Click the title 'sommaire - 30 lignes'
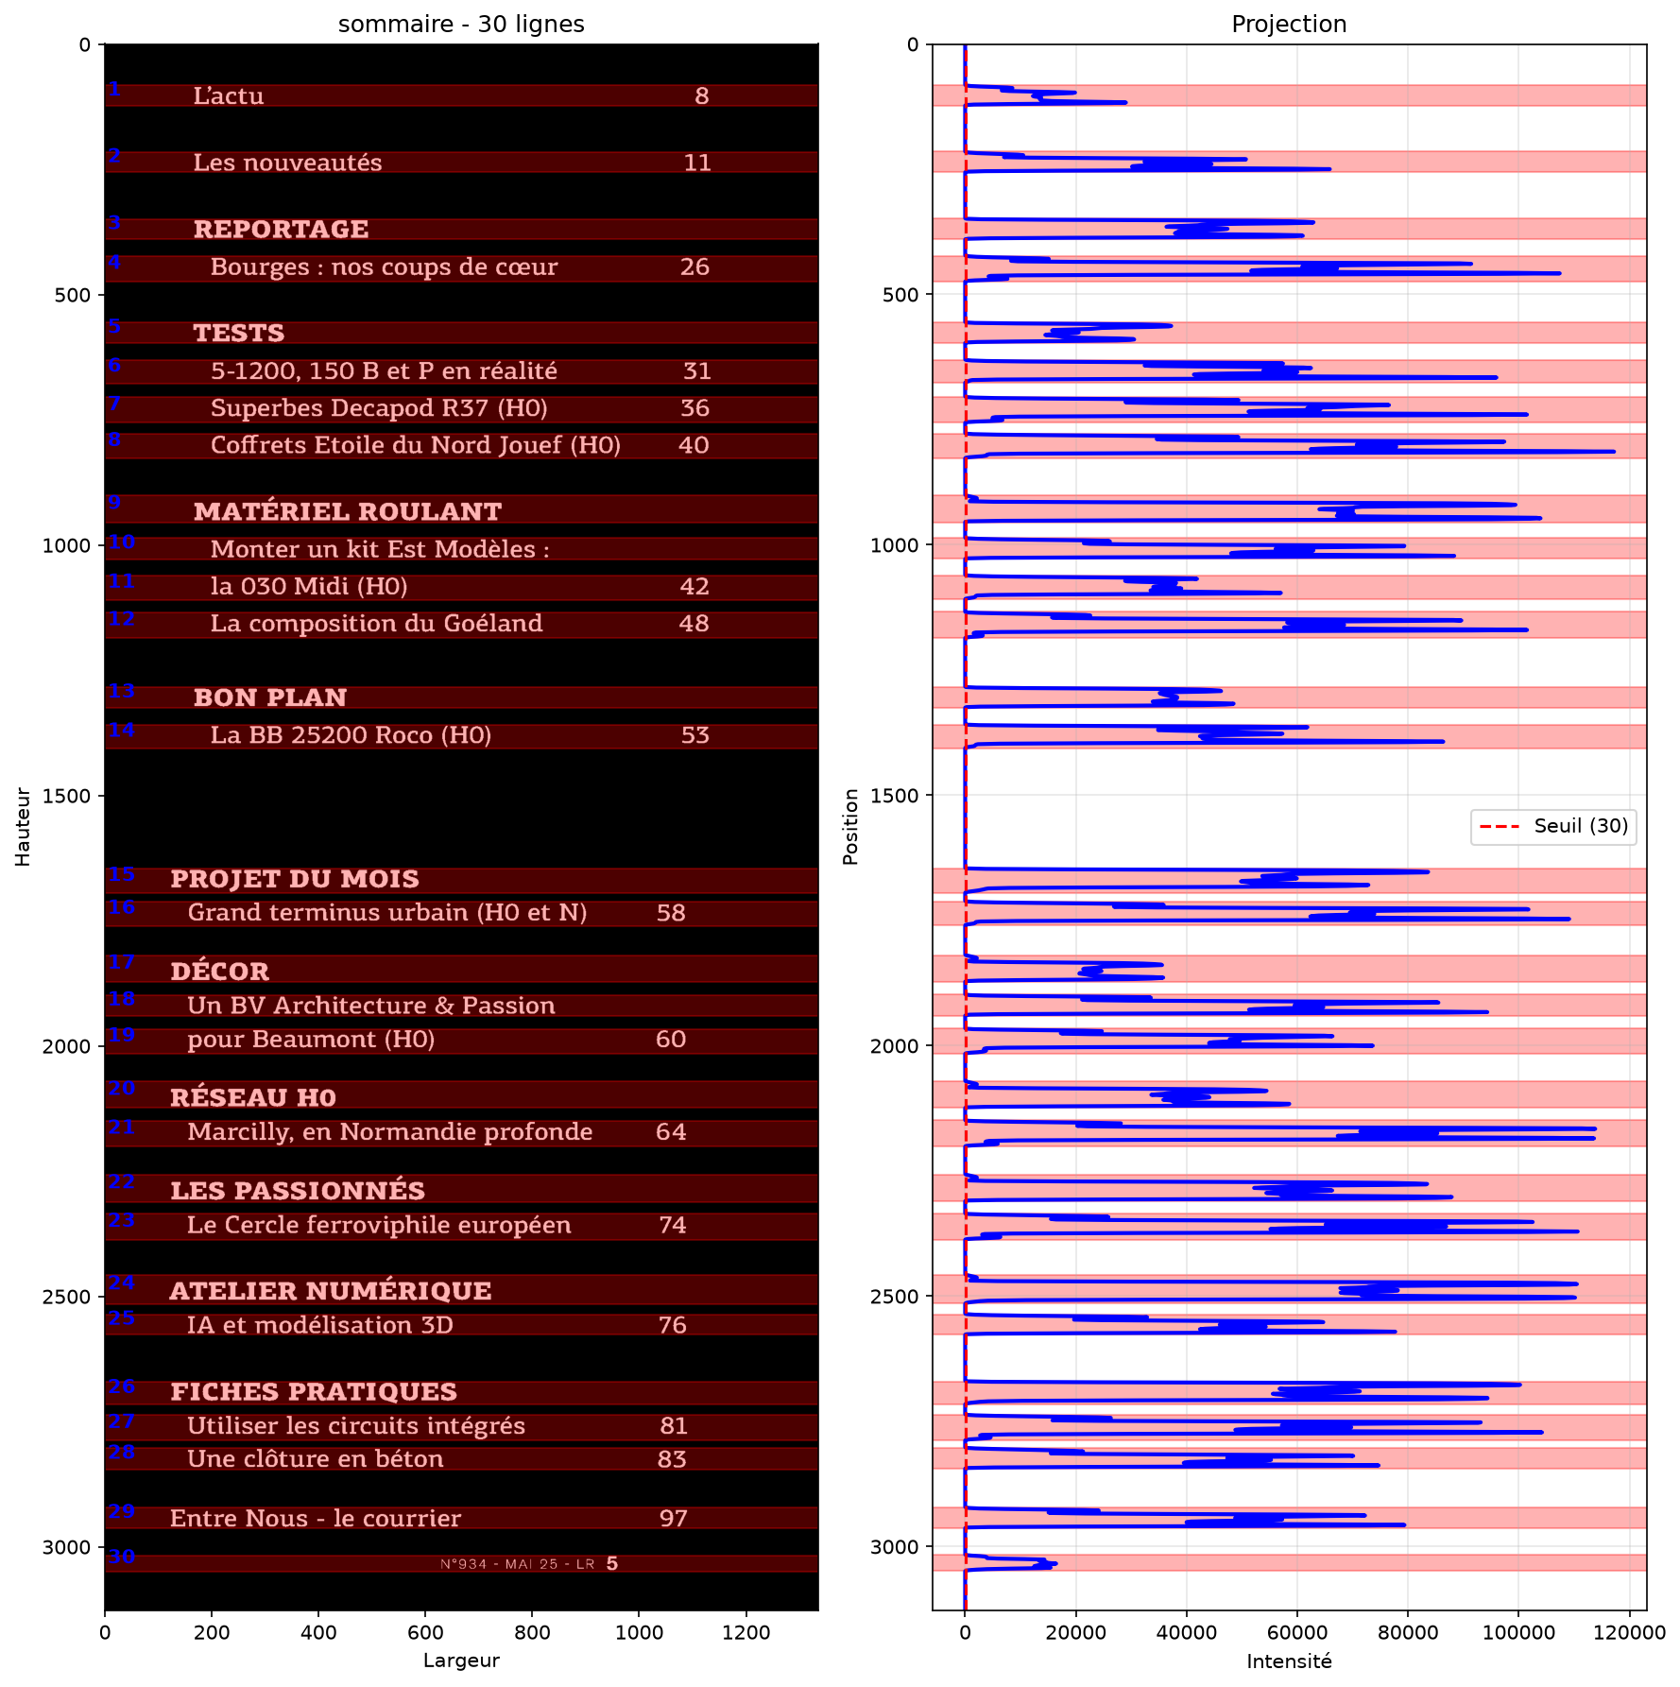coord(461,24)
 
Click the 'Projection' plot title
coord(1289,24)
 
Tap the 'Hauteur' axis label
coord(24,827)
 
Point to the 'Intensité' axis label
coord(1289,1661)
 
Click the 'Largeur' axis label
coord(461,1661)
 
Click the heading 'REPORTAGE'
coord(281,230)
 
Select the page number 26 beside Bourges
coord(694,267)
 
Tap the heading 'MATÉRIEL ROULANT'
coord(348,511)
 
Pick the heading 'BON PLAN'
coord(270,697)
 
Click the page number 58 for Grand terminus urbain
coord(671,913)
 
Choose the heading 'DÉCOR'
coord(220,971)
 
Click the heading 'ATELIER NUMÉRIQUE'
coord(331,1290)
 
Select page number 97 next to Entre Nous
coord(674,1519)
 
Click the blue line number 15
coord(121,874)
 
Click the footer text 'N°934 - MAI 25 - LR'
coord(517,1564)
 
